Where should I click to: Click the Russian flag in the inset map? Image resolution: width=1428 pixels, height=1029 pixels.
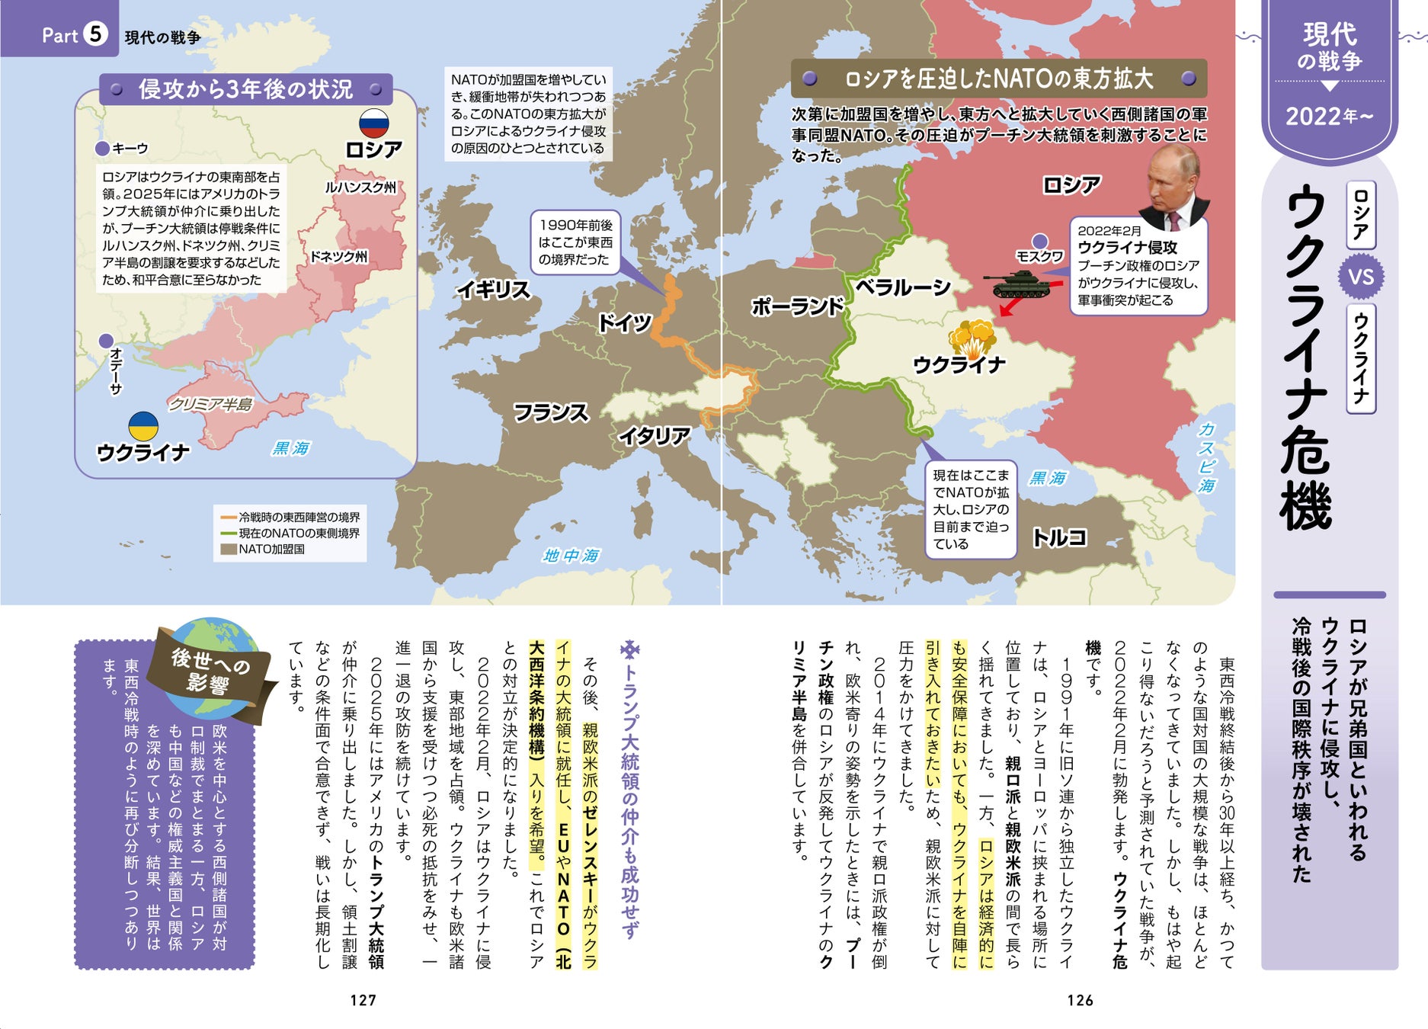coord(374,123)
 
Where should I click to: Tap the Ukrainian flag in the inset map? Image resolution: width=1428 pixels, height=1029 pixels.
coord(142,426)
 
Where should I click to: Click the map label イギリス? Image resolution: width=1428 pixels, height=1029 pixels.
coord(493,290)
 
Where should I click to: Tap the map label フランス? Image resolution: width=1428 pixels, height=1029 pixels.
coord(550,412)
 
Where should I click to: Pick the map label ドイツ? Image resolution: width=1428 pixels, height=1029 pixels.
coord(624,322)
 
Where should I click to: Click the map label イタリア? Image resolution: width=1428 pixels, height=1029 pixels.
coord(654,436)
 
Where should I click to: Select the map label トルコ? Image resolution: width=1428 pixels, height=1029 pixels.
coord(1059,537)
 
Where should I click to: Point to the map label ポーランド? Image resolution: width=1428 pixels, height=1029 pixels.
coord(797,306)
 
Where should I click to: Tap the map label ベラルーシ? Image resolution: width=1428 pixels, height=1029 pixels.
coord(903,287)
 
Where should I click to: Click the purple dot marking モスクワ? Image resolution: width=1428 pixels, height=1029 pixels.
coord(1039,242)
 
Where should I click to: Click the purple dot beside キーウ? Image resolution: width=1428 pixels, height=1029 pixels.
coord(102,149)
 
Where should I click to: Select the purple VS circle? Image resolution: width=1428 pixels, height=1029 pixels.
coord(1361,277)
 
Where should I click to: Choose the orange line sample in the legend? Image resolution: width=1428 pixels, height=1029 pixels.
coord(229,518)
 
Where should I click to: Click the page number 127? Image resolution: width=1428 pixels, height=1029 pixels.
coord(363,1000)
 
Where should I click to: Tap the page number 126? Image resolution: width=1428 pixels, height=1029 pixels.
coord(1080,1000)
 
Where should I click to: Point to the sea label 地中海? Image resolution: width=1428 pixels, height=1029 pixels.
coord(571,556)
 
